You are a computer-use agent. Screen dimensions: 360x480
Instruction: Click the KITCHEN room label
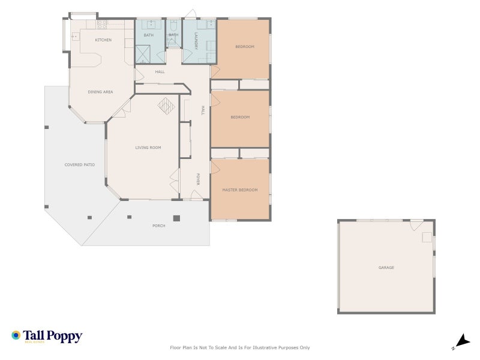click(103, 40)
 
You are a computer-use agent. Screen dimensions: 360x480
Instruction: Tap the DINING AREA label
click(100, 92)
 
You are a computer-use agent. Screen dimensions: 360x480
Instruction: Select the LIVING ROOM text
click(148, 148)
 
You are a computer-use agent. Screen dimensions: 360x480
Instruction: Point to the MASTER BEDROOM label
click(239, 190)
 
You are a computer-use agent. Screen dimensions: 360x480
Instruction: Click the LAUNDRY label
click(196, 41)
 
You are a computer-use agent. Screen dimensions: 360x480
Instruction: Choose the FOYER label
click(198, 179)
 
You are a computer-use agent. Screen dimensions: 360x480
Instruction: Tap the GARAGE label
click(386, 268)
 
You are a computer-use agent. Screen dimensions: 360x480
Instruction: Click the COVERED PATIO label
click(80, 165)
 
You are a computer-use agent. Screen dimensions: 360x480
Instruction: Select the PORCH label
click(158, 226)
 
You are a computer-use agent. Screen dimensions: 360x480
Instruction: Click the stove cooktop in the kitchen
click(101, 25)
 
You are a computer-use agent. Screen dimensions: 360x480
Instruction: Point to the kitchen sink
click(76, 36)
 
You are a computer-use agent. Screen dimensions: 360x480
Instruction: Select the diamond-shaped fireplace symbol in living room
click(166, 106)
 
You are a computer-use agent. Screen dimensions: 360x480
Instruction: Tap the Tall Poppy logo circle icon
click(16, 335)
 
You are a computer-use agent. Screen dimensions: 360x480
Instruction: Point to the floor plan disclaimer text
click(240, 347)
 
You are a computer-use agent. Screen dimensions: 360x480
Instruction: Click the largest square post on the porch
click(176, 218)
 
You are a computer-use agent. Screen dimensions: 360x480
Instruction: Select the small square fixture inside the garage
click(427, 238)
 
